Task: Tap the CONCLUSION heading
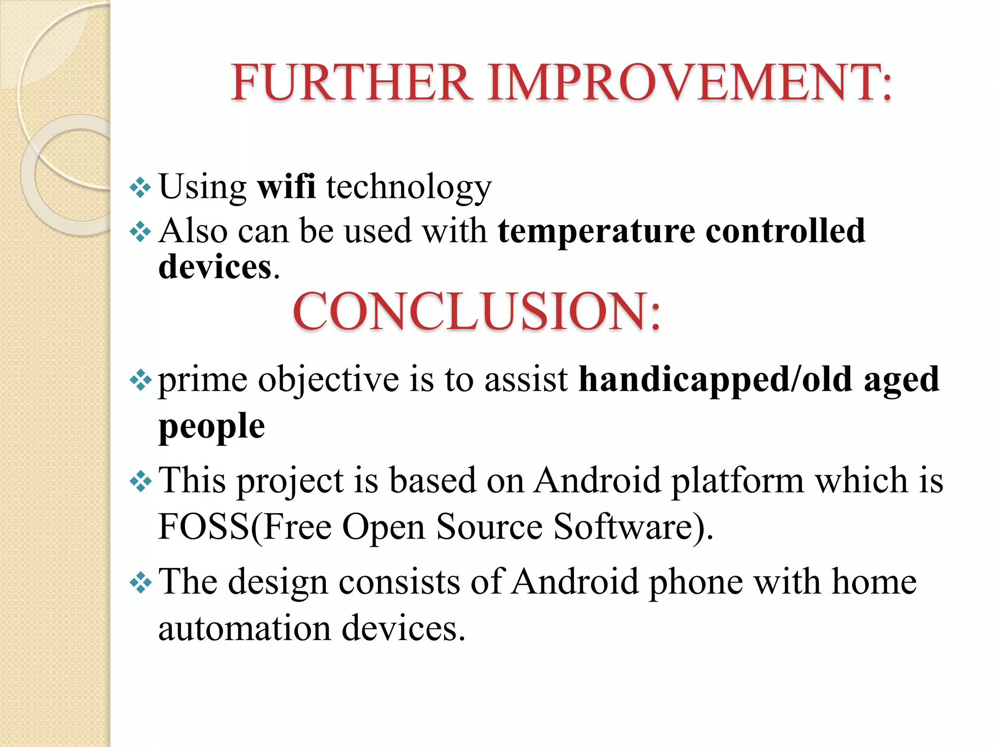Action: coord(477,311)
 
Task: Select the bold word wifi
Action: coord(286,186)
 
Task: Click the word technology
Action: coord(409,187)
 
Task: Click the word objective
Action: coord(328,380)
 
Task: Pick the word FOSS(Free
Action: coord(245,527)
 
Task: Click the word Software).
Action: coord(633,527)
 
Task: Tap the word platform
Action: coord(737,481)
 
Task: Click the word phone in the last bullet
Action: coord(696,582)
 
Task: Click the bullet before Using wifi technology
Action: coord(141,187)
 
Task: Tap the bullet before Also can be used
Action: coord(141,232)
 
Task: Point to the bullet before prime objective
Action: coord(141,380)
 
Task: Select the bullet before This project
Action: coord(141,481)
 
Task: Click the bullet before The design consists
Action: coord(141,582)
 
